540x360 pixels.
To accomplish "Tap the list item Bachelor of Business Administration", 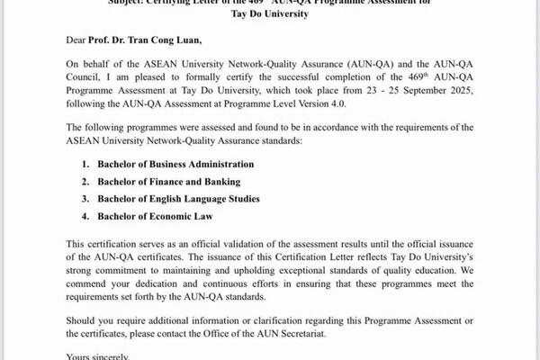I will coord(177,164).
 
